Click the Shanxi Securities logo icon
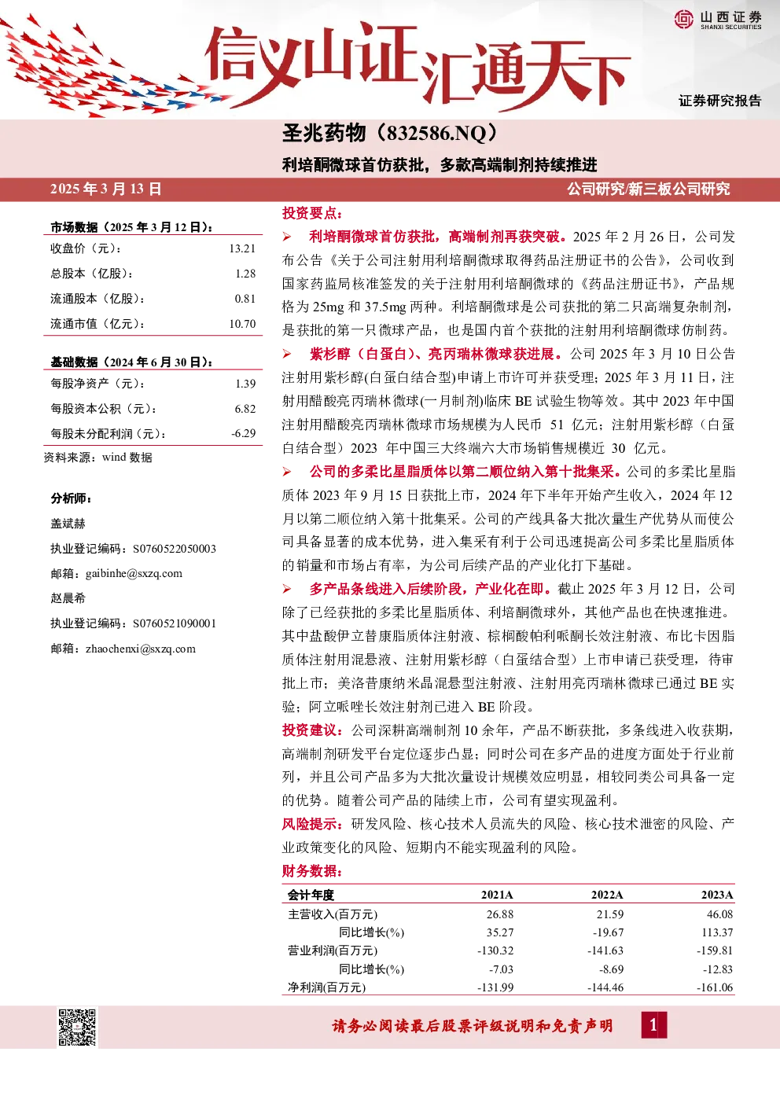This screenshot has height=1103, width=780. click(684, 19)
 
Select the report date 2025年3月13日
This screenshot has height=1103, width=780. click(106, 189)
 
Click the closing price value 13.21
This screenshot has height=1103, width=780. click(242, 248)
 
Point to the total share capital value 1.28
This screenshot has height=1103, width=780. click(245, 274)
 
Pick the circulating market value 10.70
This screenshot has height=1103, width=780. click(242, 324)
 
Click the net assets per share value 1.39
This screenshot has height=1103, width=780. click(245, 384)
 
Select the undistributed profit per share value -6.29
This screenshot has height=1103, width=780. click(243, 434)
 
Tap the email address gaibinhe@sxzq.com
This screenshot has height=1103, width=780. click(134, 574)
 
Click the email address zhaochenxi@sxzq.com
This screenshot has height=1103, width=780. click(140, 649)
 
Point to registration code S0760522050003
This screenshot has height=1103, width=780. click(175, 549)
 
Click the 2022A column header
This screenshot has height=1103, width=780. click(607, 895)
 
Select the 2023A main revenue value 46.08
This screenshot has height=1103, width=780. click(719, 914)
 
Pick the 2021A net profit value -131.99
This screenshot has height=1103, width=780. click(495, 987)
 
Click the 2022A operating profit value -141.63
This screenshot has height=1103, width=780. click(605, 950)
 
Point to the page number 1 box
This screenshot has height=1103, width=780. click(654, 1025)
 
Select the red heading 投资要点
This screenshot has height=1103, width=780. click(311, 214)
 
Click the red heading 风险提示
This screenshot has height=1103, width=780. click(312, 824)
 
